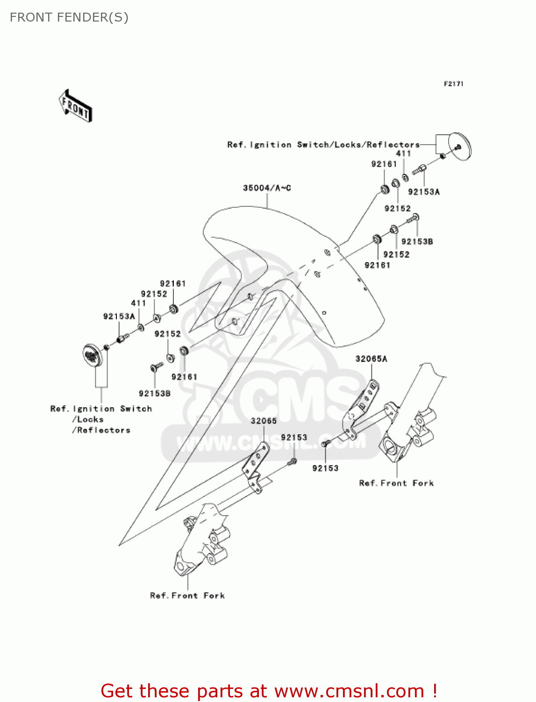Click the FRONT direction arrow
tap(75, 106)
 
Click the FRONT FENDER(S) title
tap(69, 17)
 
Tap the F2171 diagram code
tap(453, 84)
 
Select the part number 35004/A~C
tap(267, 188)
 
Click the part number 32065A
tap(371, 359)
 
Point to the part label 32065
tap(264, 421)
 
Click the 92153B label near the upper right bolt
tap(417, 241)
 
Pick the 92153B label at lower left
tap(155, 394)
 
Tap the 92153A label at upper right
tap(424, 191)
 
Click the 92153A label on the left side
tap(119, 316)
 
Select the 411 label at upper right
tap(403, 153)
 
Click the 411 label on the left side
tap(138, 303)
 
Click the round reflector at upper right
tap(460, 146)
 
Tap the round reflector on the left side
tap(93, 355)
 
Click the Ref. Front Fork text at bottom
tap(187, 595)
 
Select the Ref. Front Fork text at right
tap(396, 483)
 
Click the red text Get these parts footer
tap(269, 691)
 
